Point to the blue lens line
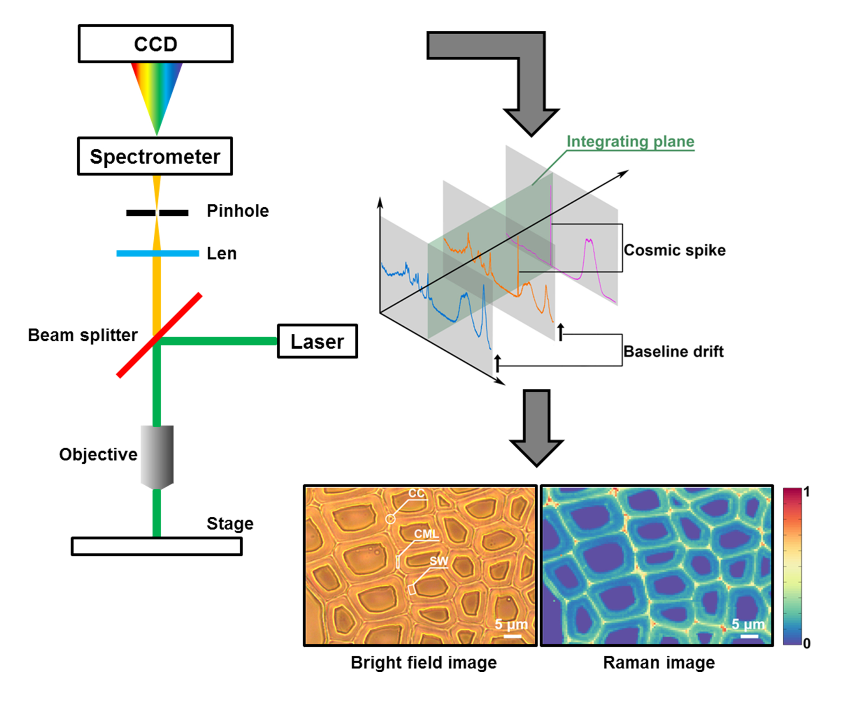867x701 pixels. click(x=158, y=253)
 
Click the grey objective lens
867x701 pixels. click(x=157, y=457)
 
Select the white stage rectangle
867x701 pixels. click(x=157, y=546)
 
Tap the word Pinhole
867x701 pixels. click(x=238, y=211)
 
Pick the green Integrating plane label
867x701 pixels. click(x=630, y=141)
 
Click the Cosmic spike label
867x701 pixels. click(x=675, y=250)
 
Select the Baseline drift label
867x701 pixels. click(x=674, y=351)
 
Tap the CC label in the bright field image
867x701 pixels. click(x=416, y=493)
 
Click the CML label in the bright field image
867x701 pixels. click(x=426, y=534)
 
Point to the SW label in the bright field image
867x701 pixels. click(x=439, y=561)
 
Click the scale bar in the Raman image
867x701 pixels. click(x=750, y=636)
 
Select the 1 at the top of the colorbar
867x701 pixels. click(x=806, y=492)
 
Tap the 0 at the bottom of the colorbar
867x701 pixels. click(x=807, y=643)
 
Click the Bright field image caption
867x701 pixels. click(x=424, y=663)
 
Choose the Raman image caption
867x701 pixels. click(x=659, y=663)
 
